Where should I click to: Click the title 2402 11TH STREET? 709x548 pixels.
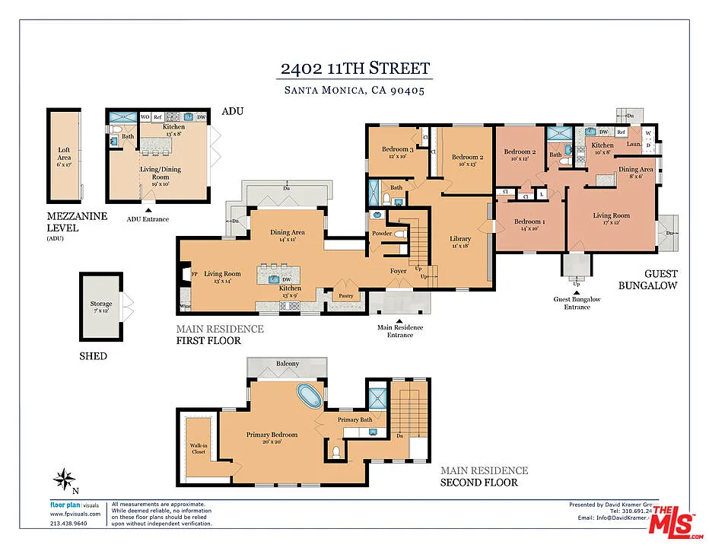[x=355, y=68]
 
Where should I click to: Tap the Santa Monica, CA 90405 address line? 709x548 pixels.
[x=354, y=90]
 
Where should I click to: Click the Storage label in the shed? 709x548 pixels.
[x=101, y=307]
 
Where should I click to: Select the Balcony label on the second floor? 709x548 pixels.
[x=288, y=364]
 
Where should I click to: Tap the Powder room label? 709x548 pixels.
[x=383, y=234]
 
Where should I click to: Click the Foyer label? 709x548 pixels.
[x=399, y=269]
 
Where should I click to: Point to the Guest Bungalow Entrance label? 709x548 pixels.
[x=577, y=303]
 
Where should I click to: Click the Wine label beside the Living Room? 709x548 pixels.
[x=184, y=307]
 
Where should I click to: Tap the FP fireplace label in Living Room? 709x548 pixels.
[x=194, y=272]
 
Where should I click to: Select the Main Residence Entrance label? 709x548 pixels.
[x=400, y=331]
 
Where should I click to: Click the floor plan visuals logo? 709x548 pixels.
[x=74, y=505]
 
